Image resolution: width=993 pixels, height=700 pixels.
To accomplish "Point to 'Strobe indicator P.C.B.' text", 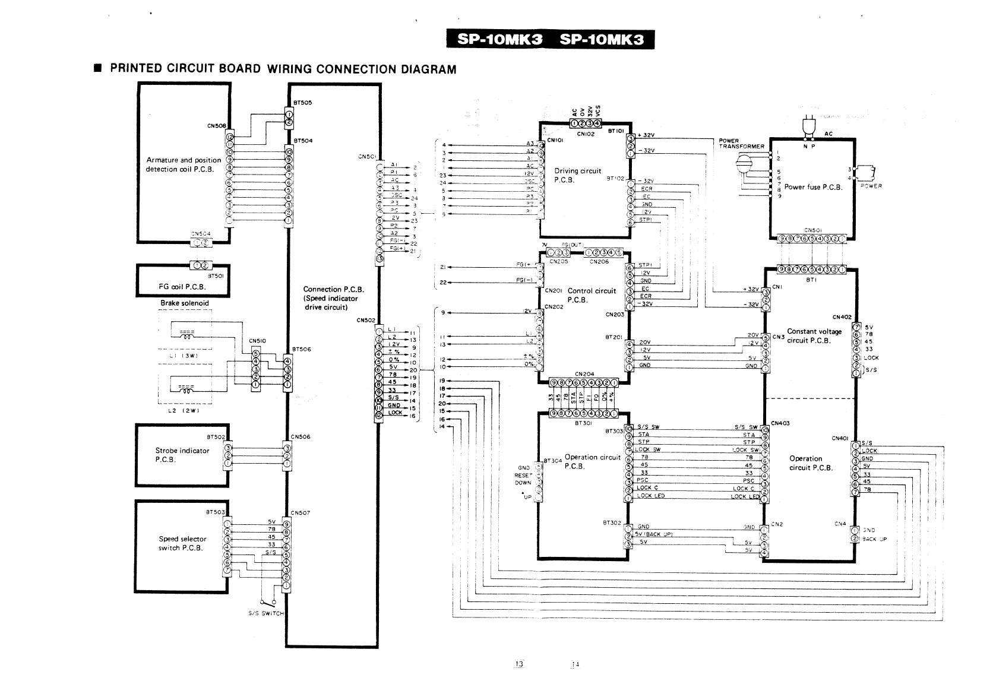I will click(x=182, y=455).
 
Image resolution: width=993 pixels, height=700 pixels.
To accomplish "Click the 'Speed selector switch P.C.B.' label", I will click(x=182, y=543).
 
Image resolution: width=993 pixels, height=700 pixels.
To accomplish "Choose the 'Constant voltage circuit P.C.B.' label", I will click(x=814, y=336).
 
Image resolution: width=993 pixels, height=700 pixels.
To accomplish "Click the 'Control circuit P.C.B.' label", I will click(x=592, y=295).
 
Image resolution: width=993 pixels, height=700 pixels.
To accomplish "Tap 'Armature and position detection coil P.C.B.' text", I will click(x=184, y=164).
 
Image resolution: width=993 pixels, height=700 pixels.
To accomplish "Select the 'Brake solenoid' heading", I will click(x=185, y=303).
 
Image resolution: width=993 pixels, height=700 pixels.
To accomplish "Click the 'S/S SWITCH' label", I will click(x=266, y=613).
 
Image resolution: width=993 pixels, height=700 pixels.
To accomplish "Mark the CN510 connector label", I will click(x=257, y=341).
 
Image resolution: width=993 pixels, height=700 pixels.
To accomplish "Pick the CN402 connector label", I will click(x=842, y=317).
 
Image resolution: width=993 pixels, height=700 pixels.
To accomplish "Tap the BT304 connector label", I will click(x=553, y=460).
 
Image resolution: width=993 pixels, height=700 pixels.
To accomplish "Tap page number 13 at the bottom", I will click(x=518, y=663).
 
